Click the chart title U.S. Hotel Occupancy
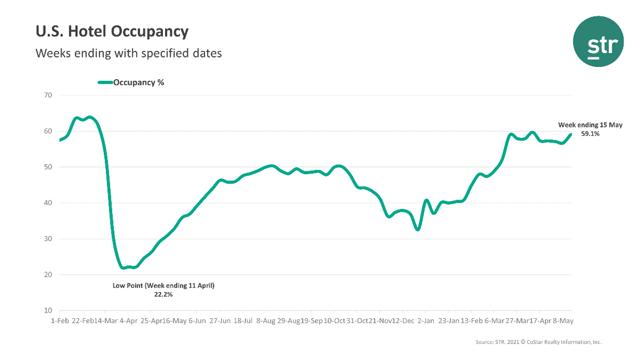click(112, 32)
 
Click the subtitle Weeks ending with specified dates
click(128, 53)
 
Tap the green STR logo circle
click(598, 41)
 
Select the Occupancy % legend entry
click(131, 82)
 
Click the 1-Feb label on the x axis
click(60, 320)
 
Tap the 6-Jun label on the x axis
click(197, 320)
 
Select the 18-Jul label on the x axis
click(243, 320)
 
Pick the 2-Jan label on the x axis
click(425, 320)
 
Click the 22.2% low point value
click(163, 295)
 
